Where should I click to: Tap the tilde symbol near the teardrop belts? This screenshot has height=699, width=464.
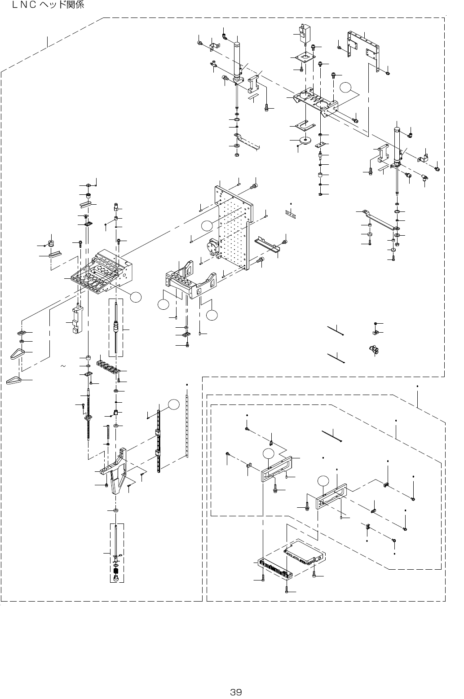pos(63,367)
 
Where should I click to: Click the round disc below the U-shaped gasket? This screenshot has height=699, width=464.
pos(307,141)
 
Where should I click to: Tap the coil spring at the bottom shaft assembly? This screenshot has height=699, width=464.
pos(115,572)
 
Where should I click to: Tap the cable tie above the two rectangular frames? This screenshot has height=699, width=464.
pos(333,434)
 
